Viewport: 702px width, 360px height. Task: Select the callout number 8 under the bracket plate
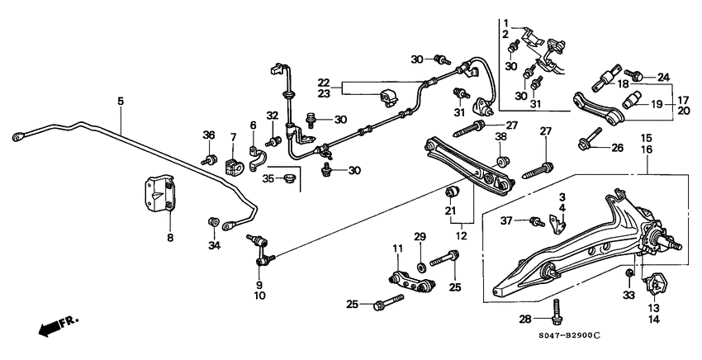point(171,238)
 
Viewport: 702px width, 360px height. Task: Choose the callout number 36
point(208,135)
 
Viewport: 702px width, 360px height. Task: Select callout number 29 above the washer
point(420,238)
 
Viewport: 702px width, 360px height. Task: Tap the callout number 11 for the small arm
point(396,248)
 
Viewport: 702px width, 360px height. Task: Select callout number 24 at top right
point(663,78)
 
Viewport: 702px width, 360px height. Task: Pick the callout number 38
point(500,136)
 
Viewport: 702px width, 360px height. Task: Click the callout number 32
point(272,115)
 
